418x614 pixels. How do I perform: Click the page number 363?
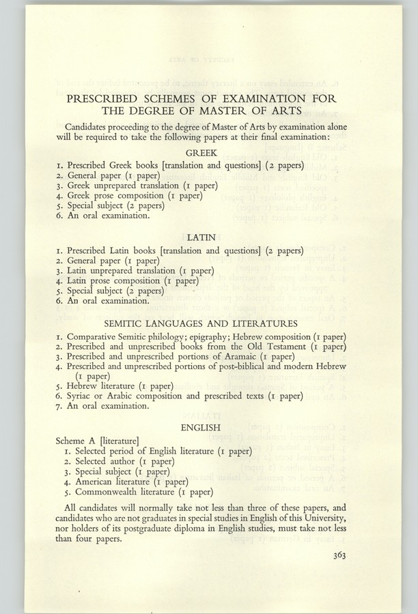pyautogui.click(x=335, y=555)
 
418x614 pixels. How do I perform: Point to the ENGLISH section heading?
pyautogui.click(x=200, y=428)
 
